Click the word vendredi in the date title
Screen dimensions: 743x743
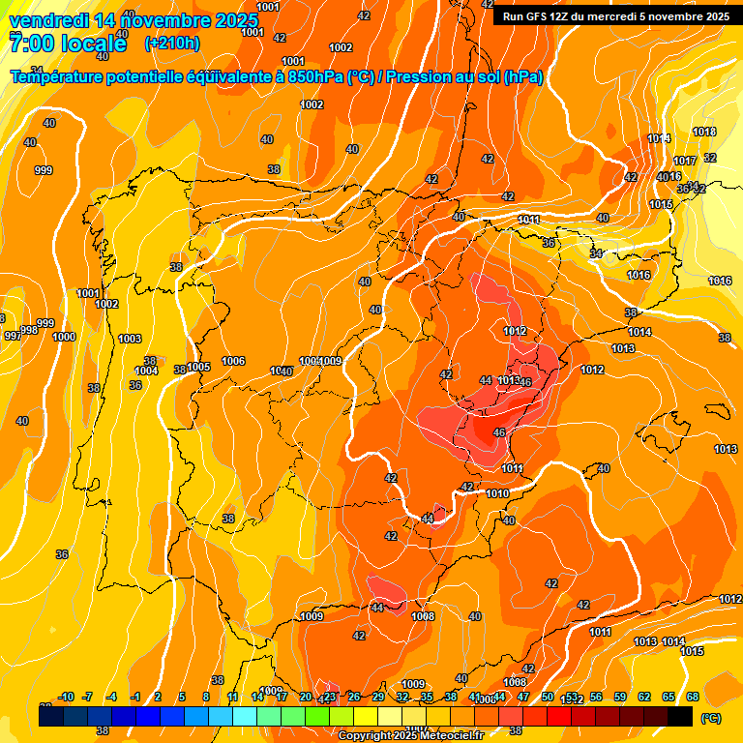click(48, 20)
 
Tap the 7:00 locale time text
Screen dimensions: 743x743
click(68, 44)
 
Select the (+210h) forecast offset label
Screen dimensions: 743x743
click(171, 44)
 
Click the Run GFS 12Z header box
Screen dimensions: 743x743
click(616, 16)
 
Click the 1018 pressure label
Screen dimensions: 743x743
click(703, 132)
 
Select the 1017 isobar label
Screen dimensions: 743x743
click(685, 161)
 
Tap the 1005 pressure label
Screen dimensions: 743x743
click(199, 367)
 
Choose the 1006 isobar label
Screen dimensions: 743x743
click(233, 361)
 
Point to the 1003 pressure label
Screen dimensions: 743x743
click(130, 339)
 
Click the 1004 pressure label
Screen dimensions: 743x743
click(146, 371)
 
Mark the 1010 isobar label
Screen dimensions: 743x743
click(497, 493)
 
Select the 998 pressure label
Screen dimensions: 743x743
click(29, 330)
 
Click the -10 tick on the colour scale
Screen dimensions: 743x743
click(66, 698)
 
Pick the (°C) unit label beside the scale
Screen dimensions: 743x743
click(710, 718)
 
